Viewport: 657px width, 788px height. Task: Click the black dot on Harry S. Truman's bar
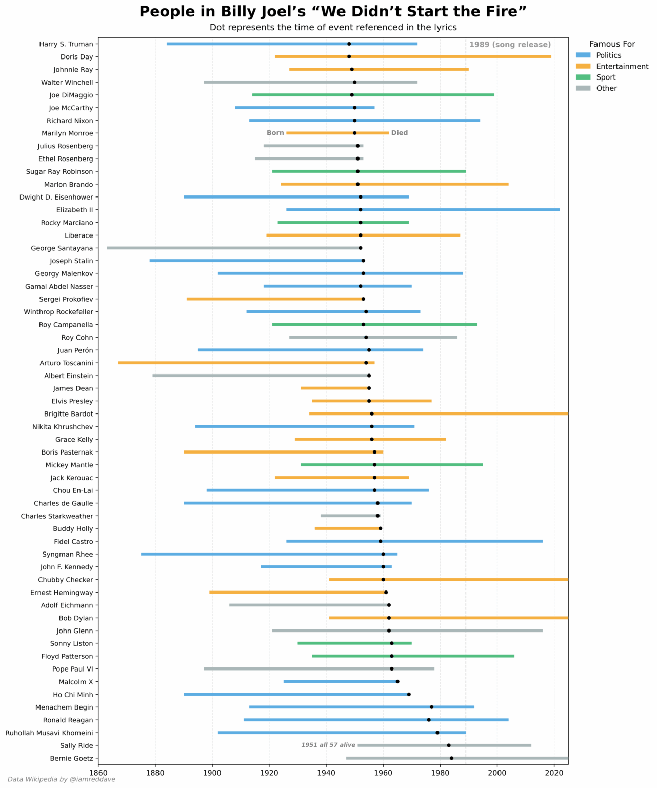coord(349,44)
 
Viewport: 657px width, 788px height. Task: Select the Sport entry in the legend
coord(605,77)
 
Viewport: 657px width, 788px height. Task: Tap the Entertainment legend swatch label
coord(622,67)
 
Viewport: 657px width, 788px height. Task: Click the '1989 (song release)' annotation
coord(510,45)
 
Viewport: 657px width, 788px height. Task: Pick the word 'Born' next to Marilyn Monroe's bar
coord(275,133)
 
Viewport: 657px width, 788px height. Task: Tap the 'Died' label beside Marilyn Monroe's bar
coord(399,133)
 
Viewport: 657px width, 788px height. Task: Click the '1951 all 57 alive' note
coord(328,745)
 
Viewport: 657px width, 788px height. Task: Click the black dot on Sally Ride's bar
coord(449,745)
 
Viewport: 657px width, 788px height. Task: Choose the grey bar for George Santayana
coord(231,248)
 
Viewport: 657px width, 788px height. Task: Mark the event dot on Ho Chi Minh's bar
coord(409,695)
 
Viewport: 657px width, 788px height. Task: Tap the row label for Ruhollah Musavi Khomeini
coord(49,733)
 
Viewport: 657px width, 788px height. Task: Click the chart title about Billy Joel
coord(333,12)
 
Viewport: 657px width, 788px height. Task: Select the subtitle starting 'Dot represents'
coord(333,27)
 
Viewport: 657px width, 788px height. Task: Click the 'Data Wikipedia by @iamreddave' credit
coord(62,779)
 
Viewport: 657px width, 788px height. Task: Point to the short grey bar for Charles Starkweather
coord(349,516)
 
